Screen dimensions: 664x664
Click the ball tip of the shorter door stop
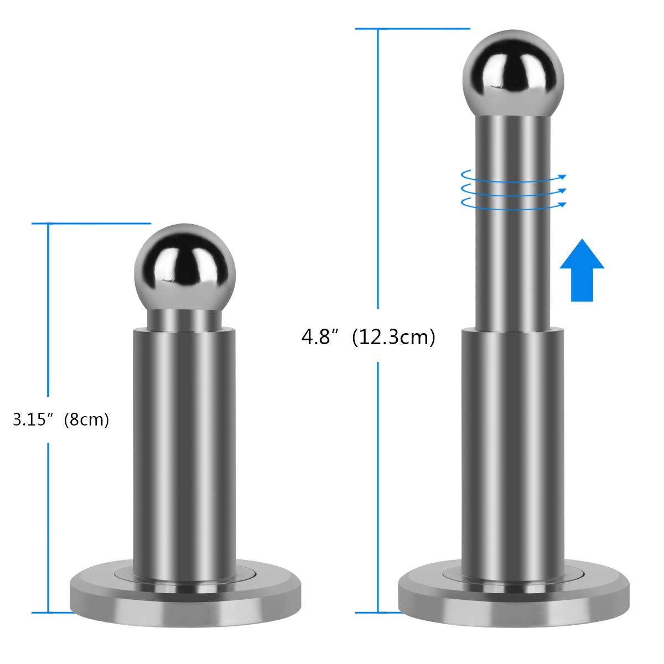point(181,268)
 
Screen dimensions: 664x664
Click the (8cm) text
point(86,420)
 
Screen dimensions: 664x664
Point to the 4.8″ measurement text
point(319,336)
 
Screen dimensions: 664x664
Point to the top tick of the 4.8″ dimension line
point(412,28)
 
